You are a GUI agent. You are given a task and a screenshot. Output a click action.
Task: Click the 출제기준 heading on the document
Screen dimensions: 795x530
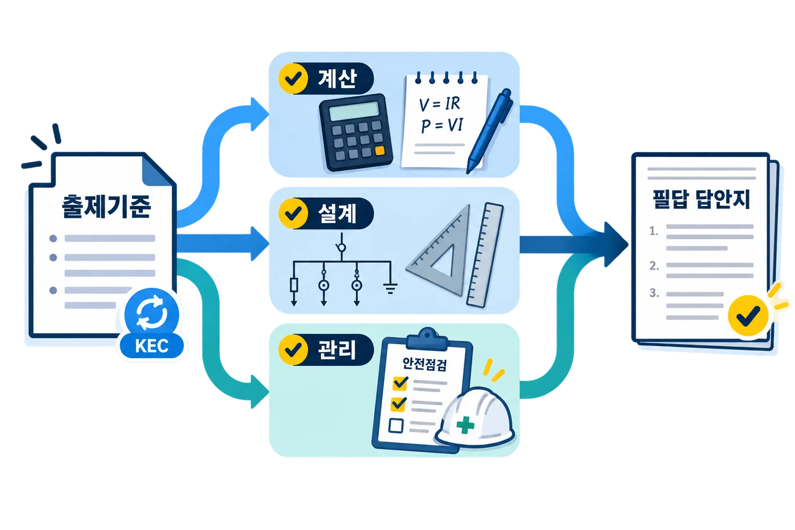(107, 206)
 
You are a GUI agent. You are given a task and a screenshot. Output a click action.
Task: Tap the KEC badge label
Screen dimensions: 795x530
(152, 345)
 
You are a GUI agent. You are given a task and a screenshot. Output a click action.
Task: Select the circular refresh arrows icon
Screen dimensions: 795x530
(152, 313)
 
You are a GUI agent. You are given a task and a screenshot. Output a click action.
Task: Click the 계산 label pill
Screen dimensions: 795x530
(326, 79)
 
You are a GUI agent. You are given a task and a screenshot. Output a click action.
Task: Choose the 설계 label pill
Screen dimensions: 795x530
(326, 213)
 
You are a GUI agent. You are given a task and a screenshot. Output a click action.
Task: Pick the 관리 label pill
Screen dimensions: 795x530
(326, 350)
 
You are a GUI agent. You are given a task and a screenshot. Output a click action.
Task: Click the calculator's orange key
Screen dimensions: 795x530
(380, 151)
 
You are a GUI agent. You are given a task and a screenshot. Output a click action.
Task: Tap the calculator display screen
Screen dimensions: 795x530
(354, 111)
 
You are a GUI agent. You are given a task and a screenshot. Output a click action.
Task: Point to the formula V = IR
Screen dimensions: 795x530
(439, 104)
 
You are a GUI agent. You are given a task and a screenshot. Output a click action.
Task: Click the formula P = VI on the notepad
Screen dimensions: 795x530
(442, 125)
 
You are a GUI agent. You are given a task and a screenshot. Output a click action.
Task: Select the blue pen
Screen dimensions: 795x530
(490, 131)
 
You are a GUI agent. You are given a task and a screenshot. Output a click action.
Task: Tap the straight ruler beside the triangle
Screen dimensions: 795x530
(485, 255)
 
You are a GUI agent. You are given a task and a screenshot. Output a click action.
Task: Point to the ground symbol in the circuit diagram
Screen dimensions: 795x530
(390, 288)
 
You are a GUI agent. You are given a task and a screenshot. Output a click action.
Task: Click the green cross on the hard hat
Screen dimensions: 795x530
(465, 424)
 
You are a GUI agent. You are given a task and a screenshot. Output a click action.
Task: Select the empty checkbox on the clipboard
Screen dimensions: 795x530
(396, 425)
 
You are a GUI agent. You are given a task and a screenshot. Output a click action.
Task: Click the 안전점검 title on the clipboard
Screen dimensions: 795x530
(424, 364)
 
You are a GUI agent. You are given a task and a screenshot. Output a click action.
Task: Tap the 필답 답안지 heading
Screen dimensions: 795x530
(701, 199)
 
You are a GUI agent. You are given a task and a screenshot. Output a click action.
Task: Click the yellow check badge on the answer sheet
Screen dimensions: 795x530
(748, 315)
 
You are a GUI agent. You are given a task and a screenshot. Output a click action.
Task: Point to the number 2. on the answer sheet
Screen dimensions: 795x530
(654, 266)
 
